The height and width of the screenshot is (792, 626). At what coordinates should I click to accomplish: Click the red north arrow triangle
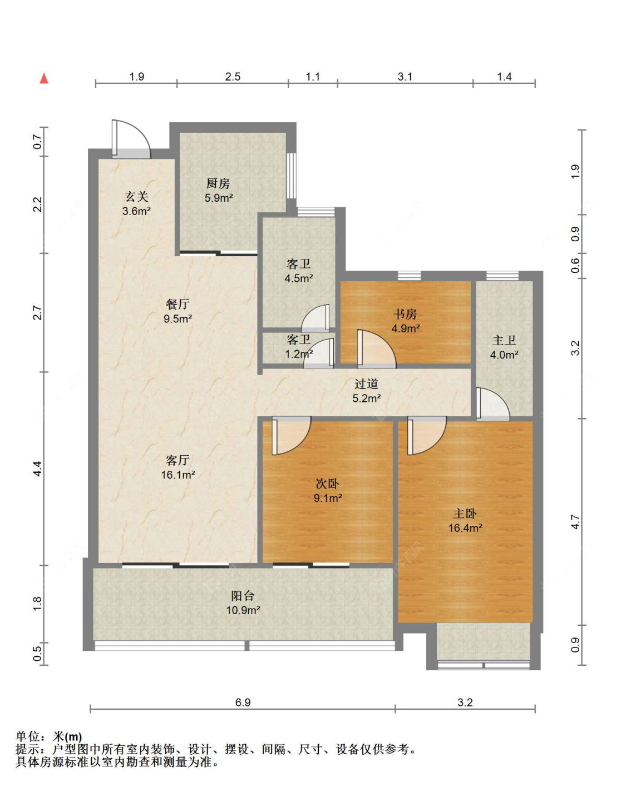coord(44,78)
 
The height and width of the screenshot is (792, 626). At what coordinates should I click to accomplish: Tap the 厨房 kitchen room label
coord(218,183)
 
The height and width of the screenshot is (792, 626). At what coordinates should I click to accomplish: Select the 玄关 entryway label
coord(137,197)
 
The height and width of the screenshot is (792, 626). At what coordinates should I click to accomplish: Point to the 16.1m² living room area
coord(178,475)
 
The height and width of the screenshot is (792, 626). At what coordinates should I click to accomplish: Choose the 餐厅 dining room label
coord(178,304)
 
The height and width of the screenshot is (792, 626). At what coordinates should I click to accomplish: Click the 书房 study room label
coord(405,314)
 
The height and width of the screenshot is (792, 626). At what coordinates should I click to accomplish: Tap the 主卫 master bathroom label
coord(504,341)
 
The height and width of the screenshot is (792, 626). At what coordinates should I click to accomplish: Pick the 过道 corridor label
coord(366,384)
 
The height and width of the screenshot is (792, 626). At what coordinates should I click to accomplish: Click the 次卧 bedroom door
coord(291,436)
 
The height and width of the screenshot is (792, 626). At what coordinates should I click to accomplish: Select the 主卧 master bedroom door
coord(427,436)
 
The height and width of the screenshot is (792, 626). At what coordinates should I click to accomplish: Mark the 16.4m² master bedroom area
coord(465,528)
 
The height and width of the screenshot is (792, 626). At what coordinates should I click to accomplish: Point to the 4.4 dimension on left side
coord(38,469)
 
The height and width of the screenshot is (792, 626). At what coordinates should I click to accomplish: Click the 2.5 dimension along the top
coord(233,77)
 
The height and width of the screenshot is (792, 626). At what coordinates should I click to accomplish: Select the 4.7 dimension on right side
coord(575,522)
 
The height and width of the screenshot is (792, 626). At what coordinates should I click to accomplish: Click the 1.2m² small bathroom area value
coord(299,354)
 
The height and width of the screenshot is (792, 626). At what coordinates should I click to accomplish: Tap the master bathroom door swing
coord(493,404)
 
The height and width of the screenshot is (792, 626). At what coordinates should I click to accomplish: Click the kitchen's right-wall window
coord(292,176)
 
